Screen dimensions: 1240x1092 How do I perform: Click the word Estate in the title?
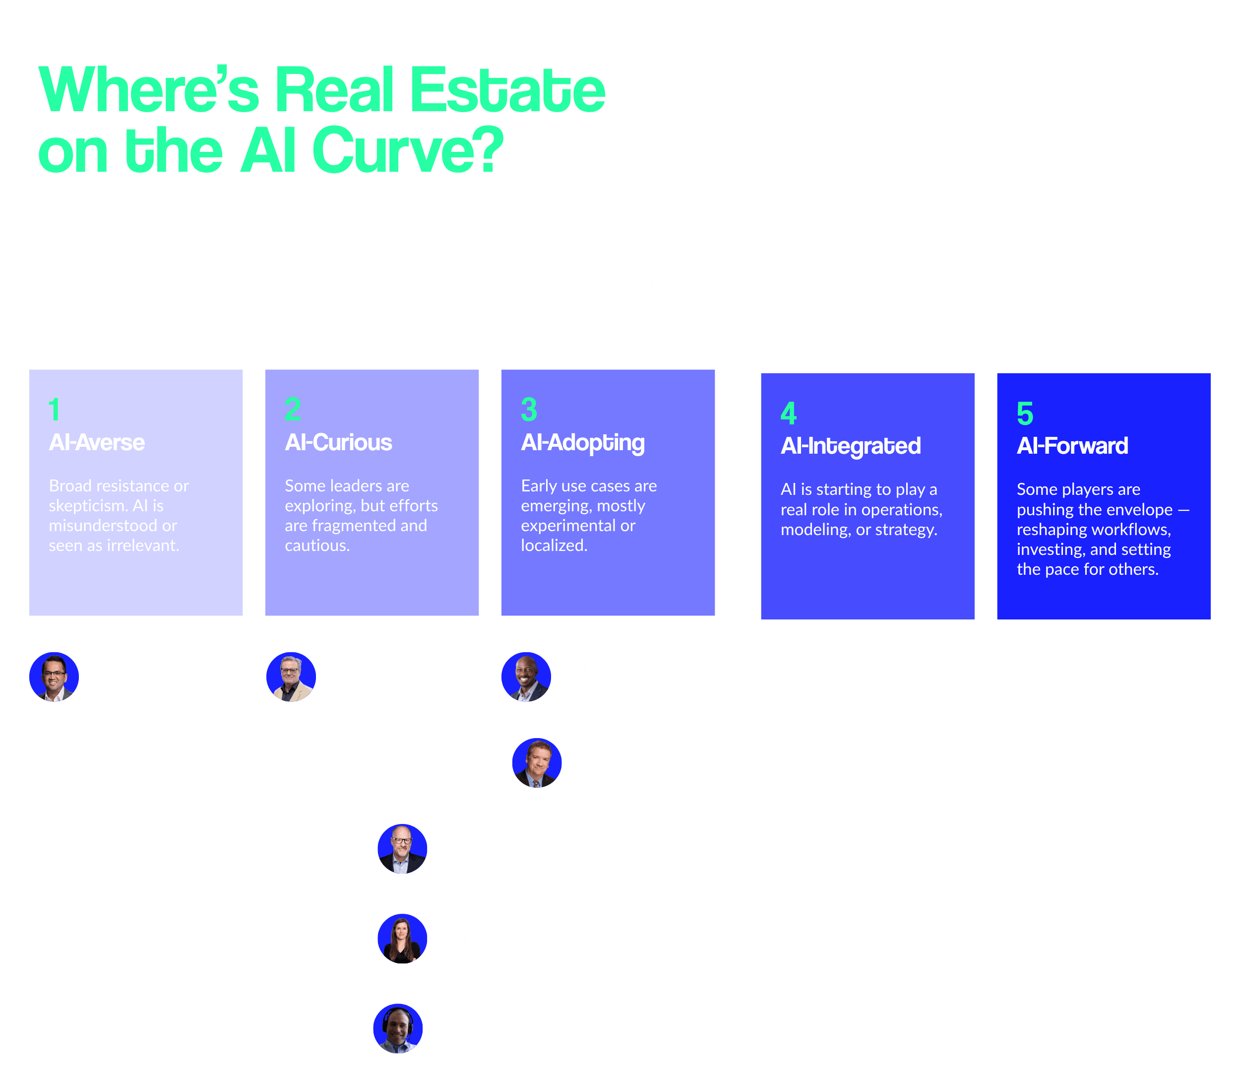click(x=508, y=89)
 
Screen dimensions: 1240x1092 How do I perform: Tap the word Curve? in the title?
click(x=408, y=149)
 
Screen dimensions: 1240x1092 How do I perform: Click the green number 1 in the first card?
click(x=55, y=409)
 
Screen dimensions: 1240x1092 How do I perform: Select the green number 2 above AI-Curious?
click(x=293, y=409)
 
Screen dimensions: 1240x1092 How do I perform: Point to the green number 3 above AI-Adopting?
click(x=529, y=409)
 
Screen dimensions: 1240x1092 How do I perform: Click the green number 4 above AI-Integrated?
click(x=789, y=413)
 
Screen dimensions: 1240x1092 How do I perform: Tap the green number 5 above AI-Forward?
click(x=1025, y=413)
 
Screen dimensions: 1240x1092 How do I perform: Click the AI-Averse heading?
click(x=97, y=442)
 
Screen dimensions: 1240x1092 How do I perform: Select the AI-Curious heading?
click(x=338, y=442)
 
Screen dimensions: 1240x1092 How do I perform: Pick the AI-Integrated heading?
click(x=851, y=447)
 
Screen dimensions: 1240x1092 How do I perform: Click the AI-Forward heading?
click(x=1072, y=446)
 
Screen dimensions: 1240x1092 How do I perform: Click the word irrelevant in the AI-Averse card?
click(x=142, y=546)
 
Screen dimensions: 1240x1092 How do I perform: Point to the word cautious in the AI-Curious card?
click(x=315, y=546)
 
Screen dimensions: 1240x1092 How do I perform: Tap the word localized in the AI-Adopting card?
click(x=553, y=546)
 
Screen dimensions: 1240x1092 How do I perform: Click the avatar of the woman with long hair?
click(x=402, y=939)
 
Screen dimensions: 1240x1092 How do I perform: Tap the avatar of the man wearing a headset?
click(x=398, y=1028)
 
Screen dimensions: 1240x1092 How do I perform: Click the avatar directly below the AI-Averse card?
click(x=54, y=677)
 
